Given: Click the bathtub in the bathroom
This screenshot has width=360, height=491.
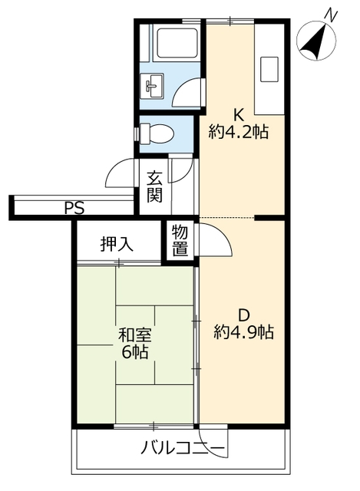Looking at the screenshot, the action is pyautogui.click(x=177, y=44).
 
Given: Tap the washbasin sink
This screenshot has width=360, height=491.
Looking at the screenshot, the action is pyautogui.click(x=151, y=85).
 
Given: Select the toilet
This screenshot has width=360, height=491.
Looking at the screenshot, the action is pyautogui.click(x=156, y=133).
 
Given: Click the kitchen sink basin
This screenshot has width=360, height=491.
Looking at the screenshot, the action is pyautogui.click(x=269, y=69).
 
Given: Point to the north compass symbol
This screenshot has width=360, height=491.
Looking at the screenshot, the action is pyautogui.click(x=316, y=41).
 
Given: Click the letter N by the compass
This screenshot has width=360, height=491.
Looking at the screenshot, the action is pyautogui.click(x=331, y=15).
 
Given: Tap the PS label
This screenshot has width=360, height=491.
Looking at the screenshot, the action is pyautogui.click(x=74, y=208).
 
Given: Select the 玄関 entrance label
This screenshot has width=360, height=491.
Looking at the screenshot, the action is pyautogui.click(x=154, y=186).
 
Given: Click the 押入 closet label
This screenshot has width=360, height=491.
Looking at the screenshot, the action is pyautogui.click(x=117, y=244).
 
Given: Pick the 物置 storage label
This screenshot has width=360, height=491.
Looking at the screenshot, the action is pyautogui.click(x=180, y=240).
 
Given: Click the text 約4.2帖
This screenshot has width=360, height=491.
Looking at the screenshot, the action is pyautogui.click(x=239, y=132).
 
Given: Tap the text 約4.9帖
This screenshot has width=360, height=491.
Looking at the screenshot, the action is pyautogui.click(x=244, y=332).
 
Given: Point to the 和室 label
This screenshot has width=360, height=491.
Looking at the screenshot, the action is pyautogui.click(x=135, y=335).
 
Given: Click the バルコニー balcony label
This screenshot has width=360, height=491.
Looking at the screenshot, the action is pyautogui.click(x=183, y=448).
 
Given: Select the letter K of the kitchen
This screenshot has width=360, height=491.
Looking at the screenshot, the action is pyautogui.click(x=239, y=115).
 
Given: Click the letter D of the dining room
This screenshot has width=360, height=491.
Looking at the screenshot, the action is pyautogui.click(x=244, y=315).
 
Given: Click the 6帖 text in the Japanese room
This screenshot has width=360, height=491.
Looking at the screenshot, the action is pyautogui.click(x=135, y=352).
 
